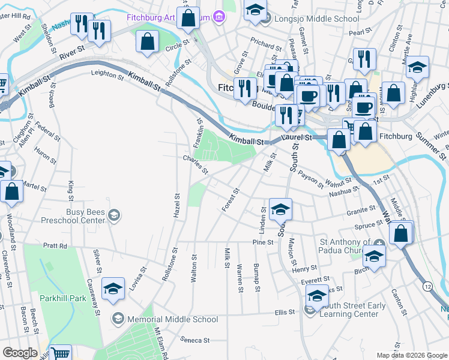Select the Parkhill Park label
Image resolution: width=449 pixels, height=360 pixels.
click(64, 298)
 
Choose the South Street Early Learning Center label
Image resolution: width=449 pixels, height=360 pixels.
click(352, 310)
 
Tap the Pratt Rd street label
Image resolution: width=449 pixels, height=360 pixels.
click(55, 245)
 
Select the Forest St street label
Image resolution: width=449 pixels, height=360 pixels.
click(231, 200)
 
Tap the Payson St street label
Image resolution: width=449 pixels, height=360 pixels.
click(310, 179)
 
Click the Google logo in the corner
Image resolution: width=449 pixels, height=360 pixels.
click(20, 353)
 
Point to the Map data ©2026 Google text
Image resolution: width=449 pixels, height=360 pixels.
click(412, 355)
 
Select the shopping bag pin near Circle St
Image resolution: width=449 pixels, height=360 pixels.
click(147, 42)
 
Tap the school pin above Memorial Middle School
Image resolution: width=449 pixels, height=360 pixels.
click(113, 289)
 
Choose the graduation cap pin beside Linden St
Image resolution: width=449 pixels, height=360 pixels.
click(280, 209)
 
